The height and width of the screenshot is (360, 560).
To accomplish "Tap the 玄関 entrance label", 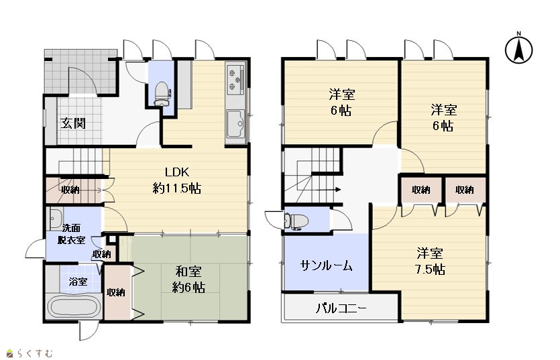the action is [x=73, y=123].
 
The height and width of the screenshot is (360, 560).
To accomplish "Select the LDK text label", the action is [x=177, y=172].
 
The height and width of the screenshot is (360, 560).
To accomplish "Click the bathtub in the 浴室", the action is [x=74, y=307].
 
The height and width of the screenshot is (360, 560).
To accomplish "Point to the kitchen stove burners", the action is [x=235, y=78].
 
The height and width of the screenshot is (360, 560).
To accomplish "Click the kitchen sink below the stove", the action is [x=235, y=123].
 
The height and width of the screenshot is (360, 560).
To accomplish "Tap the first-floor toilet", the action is [x=162, y=94].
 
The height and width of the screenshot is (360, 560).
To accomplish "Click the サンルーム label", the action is [x=327, y=265].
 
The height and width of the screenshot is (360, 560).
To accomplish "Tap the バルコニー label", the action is [x=341, y=308].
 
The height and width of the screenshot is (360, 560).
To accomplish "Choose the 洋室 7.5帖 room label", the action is [x=430, y=261].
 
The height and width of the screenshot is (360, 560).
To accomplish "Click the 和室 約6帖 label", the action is [x=188, y=280].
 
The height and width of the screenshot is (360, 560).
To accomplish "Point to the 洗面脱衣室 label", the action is [x=72, y=233].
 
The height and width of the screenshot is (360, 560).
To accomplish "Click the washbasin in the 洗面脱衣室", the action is [x=56, y=218].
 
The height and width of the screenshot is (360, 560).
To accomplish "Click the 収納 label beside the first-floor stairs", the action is [x=70, y=190].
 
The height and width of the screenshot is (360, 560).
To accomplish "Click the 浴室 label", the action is [x=78, y=282].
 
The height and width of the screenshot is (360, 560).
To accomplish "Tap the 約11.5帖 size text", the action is [x=177, y=188].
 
